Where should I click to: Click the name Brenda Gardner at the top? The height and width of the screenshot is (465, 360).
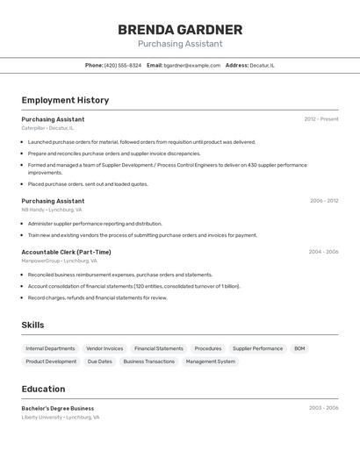tap(180, 30)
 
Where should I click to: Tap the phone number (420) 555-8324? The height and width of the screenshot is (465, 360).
tap(122, 65)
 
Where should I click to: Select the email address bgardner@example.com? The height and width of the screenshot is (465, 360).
tap(192, 65)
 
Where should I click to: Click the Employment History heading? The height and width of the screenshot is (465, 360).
tap(65, 100)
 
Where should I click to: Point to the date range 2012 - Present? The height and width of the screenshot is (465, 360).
tap(321, 119)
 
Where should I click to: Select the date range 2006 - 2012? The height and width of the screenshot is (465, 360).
tap(324, 201)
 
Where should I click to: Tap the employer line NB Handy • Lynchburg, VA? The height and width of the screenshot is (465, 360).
tap(52, 210)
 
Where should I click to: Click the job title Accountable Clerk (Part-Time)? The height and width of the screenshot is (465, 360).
tap(66, 252)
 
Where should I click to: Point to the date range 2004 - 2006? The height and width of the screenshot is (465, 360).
tap(323, 252)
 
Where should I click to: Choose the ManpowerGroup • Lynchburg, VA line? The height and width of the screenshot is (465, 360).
tap(60, 261)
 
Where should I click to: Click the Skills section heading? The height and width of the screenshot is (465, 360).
tap(32, 325)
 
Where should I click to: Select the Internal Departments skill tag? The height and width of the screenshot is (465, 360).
tap(50, 348)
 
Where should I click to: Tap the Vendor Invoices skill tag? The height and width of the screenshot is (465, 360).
tap(104, 348)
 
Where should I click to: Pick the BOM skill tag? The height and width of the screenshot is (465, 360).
tap(299, 348)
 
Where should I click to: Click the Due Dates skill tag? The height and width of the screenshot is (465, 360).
tap(99, 361)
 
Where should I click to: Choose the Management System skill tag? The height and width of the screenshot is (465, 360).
tap(210, 361)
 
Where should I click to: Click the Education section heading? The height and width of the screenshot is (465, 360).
tap(43, 389)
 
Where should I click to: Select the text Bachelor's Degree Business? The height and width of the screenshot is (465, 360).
tap(58, 408)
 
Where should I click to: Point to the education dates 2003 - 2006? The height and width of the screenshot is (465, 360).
tap(323, 408)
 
